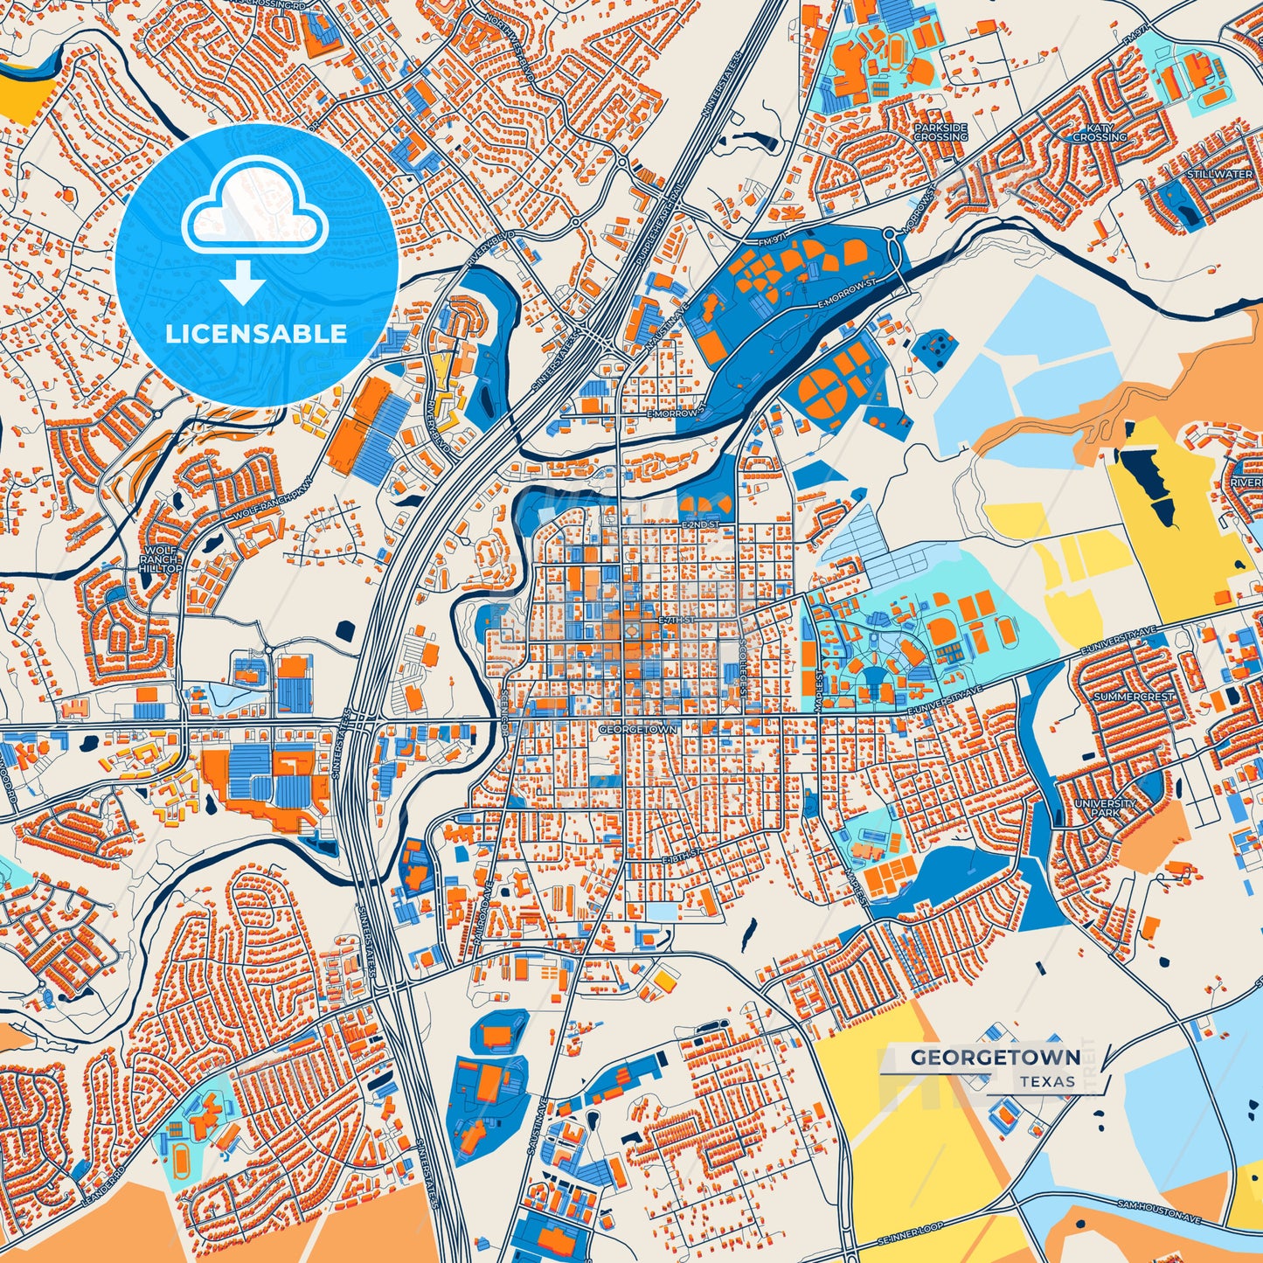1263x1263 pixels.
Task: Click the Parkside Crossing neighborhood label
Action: (940, 132)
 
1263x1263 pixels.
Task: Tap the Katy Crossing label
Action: (1099, 132)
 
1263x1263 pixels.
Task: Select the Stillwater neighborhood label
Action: (1218, 175)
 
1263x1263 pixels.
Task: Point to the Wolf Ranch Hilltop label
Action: (160, 559)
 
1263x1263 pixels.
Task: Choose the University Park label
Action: (1105, 808)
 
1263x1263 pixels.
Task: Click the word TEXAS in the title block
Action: (1047, 1081)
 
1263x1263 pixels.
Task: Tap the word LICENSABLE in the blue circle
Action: (256, 333)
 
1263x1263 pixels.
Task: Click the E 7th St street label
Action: (676, 620)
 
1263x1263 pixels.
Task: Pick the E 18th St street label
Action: (682, 855)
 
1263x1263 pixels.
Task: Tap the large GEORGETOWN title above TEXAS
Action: (995, 1058)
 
